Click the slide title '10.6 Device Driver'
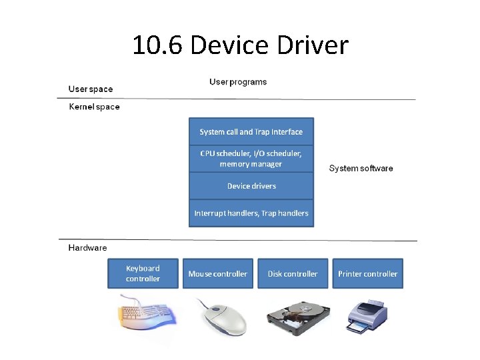pyautogui.click(x=240, y=46)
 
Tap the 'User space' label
pyautogui.click(x=91, y=89)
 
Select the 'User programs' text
pyautogui.click(x=238, y=82)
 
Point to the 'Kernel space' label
pyautogui.click(x=95, y=107)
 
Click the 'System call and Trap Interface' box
pyautogui.click(x=251, y=132)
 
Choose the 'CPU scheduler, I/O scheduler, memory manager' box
pyautogui.click(x=251, y=159)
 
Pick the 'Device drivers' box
pyautogui.click(x=251, y=186)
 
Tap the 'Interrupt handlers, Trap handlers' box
pyautogui.click(x=251, y=213)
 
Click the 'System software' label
pyautogui.click(x=361, y=169)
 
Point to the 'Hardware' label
pyautogui.click(x=87, y=248)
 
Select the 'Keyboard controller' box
pyautogui.click(x=143, y=273)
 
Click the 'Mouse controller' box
pyautogui.click(x=217, y=274)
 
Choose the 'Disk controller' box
pyautogui.click(x=293, y=274)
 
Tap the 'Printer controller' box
pyautogui.click(x=367, y=274)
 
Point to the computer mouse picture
pyautogui.click(x=222, y=316)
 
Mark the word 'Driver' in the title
pyautogui.click(x=315, y=46)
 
